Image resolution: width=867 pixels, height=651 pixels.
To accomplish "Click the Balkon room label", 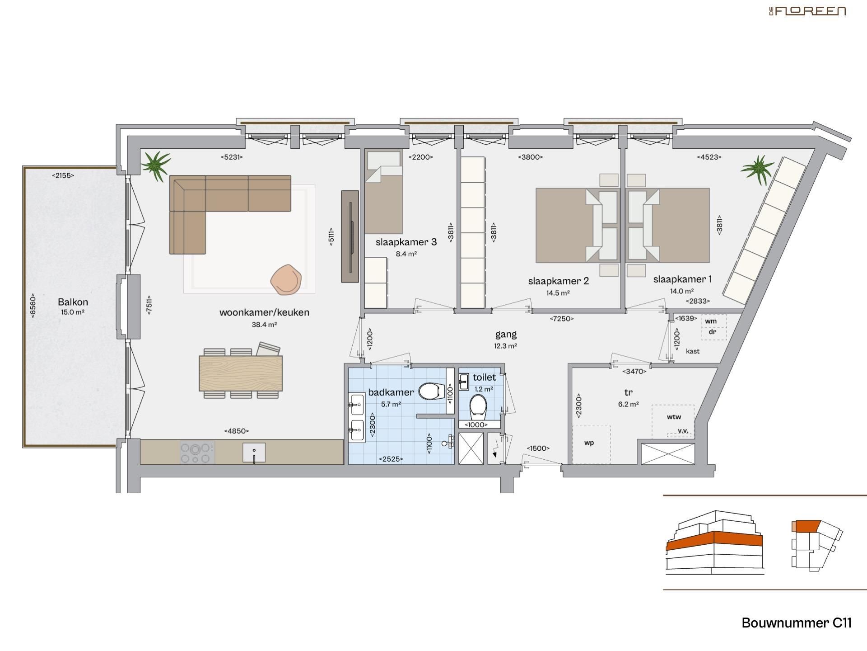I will click(x=73, y=302).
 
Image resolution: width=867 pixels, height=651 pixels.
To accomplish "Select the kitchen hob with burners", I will click(x=197, y=453).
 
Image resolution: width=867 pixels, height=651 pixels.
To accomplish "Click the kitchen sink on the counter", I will click(x=254, y=453).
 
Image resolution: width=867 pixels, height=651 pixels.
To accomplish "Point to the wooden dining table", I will click(x=241, y=373).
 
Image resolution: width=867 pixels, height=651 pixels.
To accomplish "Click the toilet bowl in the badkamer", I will click(x=430, y=392).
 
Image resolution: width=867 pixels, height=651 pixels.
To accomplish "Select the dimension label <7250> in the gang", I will click(x=562, y=319).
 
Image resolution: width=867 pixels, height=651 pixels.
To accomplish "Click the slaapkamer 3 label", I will click(x=406, y=242).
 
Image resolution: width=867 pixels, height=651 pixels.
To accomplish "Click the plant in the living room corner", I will click(x=156, y=165).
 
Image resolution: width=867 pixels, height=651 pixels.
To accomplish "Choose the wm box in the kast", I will click(x=711, y=321).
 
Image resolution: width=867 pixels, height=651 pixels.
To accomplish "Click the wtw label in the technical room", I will click(x=674, y=417).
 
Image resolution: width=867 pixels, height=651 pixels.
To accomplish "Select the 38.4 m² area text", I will click(x=264, y=325).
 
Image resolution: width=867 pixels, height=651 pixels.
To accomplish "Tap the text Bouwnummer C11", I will click(x=796, y=623).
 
